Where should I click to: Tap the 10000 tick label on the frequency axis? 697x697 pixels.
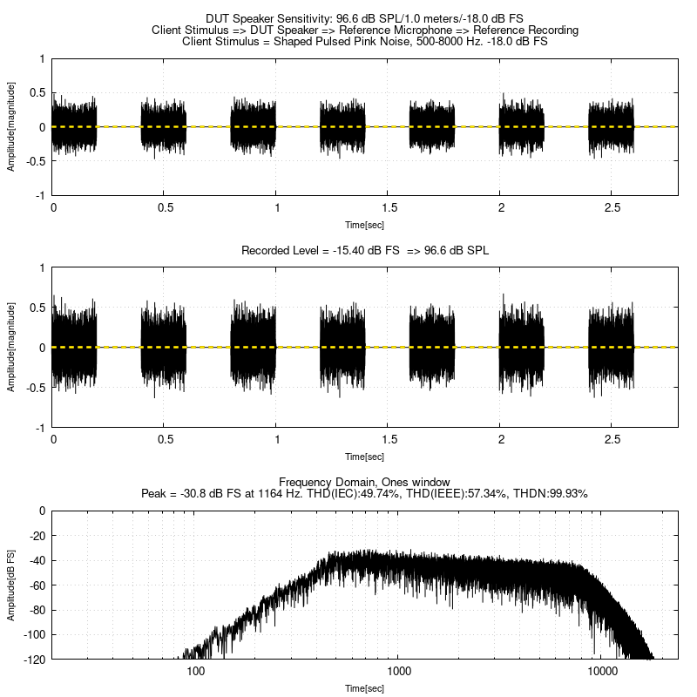tap(603, 672)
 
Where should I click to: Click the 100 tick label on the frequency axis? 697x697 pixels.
tap(196, 672)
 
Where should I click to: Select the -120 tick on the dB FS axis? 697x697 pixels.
tap(35, 659)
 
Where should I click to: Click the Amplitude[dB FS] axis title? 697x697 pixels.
tap(11, 585)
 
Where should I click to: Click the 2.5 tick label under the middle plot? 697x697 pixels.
tap(612, 440)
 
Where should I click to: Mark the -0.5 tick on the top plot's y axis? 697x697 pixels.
tap(37, 161)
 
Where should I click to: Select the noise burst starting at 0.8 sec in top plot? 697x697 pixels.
tap(254, 126)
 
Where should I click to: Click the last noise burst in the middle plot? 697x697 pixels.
tap(611, 347)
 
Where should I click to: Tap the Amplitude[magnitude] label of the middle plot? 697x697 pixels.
tap(11, 348)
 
